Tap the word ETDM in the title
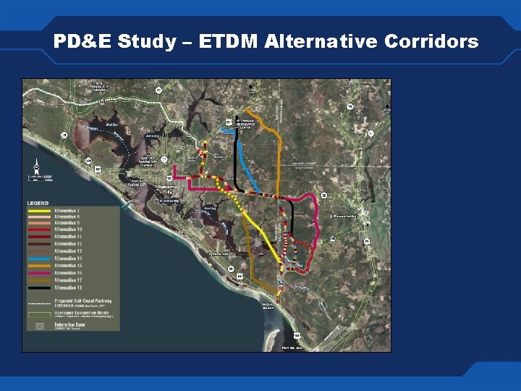click(223, 41)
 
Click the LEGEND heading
click(38, 202)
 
